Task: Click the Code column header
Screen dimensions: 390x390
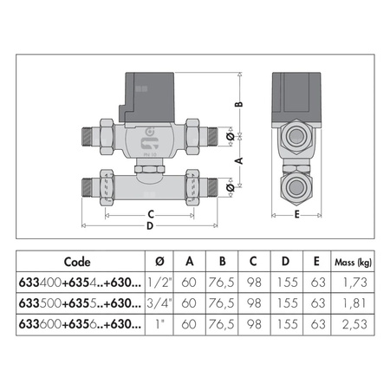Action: [x=77, y=262]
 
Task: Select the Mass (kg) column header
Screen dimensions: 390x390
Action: [x=353, y=263]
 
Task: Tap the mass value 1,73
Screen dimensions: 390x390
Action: [x=354, y=283]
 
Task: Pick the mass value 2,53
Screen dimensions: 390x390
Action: [x=354, y=324]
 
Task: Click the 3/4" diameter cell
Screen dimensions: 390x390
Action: [x=159, y=303]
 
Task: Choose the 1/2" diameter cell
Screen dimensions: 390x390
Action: [x=159, y=283]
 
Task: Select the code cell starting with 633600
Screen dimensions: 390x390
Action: [x=80, y=324]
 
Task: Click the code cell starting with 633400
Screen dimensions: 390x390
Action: [x=80, y=283]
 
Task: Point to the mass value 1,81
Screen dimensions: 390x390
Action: [x=354, y=303]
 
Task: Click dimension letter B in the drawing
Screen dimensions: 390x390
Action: [x=239, y=104]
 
